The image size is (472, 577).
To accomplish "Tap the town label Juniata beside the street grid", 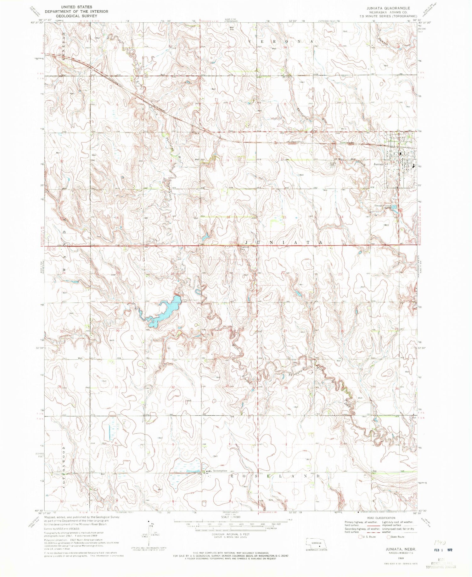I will pyautogui.click(x=379, y=164).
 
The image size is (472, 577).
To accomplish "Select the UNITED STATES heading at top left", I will pyautogui.click(x=76, y=7).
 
